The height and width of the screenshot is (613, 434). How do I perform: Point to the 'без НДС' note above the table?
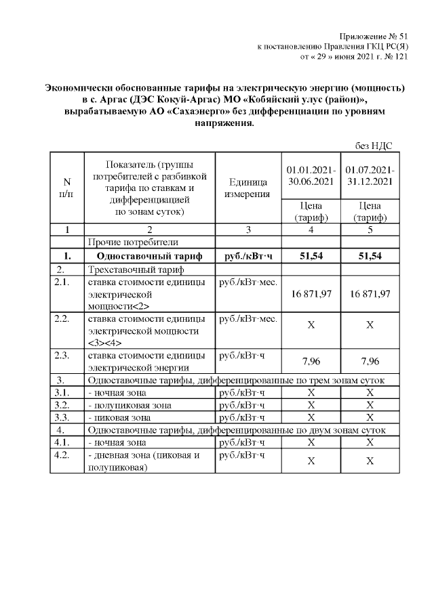(374, 146)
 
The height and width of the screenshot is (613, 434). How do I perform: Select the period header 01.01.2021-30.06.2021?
(311, 175)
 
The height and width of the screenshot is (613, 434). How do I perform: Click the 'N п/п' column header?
(66, 187)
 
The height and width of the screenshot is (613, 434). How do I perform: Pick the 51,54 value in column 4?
(311, 256)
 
